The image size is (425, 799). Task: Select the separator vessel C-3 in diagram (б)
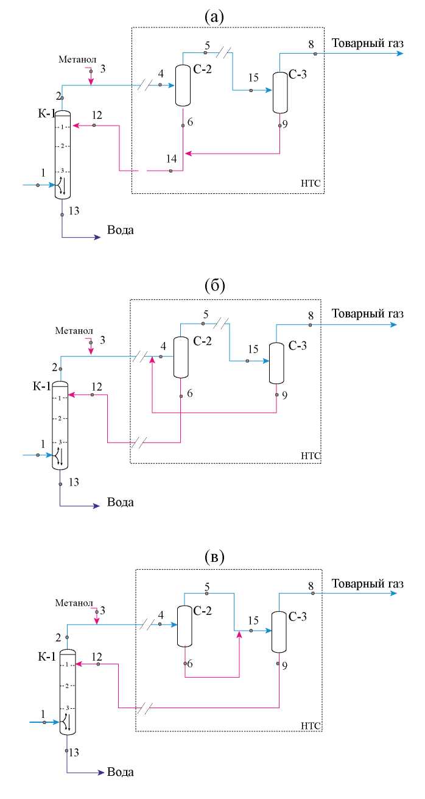click(x=276, y=363)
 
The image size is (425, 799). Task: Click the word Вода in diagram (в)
click(x=120, y=771)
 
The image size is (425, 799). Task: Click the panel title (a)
click(x=214, y=16)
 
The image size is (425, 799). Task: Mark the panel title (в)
click(x=214, y=556)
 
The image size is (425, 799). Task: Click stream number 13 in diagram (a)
click(x=74, y=211)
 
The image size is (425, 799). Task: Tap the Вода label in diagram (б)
click(x=120, y=503)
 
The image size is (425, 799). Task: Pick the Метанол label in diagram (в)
click(x=73, y=603)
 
